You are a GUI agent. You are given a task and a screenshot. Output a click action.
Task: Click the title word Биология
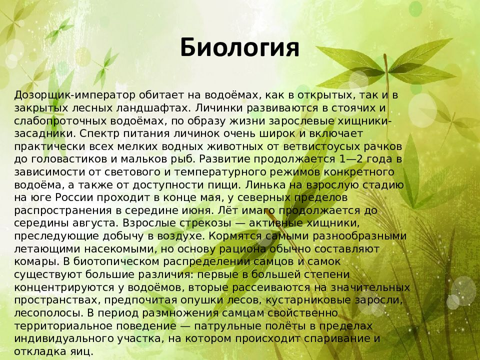[x=239, y=48]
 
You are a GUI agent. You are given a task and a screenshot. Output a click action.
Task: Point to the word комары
[x=36, y=262]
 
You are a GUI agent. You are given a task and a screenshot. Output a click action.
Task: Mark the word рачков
[x=382, y=147]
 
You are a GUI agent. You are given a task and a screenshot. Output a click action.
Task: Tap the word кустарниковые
[x=308, y=300]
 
